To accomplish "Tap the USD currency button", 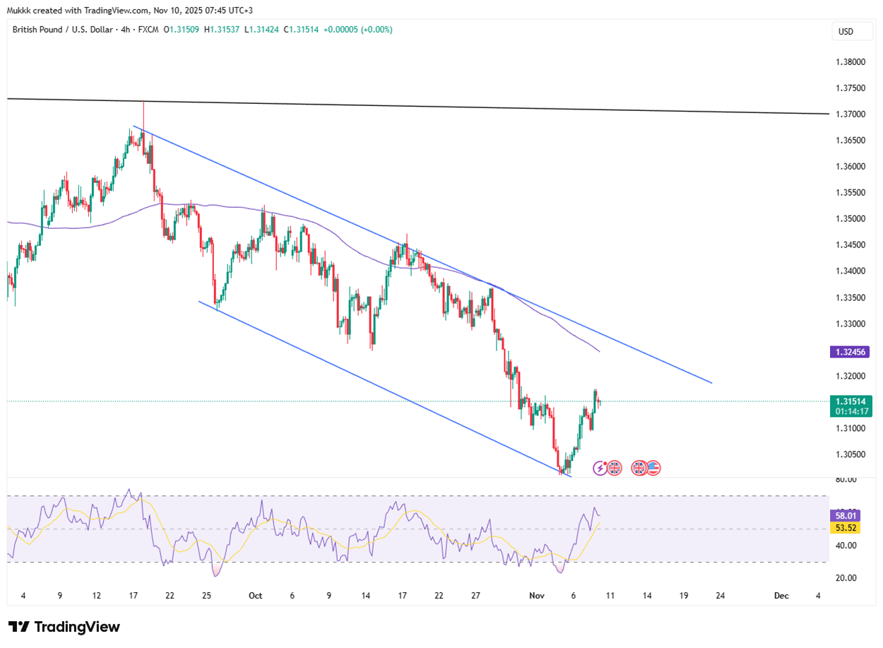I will [x=845, y=31].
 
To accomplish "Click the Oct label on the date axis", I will [x=256, y=596].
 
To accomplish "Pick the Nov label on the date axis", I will [x=537, y=596].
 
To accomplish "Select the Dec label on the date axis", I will [x=781, y=596].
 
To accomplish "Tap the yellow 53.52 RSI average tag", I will [x=846, y=529].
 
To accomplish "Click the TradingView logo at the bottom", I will [x=64, y=627].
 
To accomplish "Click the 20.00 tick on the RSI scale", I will [x=846, y=578].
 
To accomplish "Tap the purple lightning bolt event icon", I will [x=600, y=468].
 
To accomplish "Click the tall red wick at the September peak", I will [x=143, y=110].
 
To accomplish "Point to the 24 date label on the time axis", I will [x=720, y=596].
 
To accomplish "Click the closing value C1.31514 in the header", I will [x=302, y=30].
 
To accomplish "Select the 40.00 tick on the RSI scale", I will [x=846, y=546].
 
